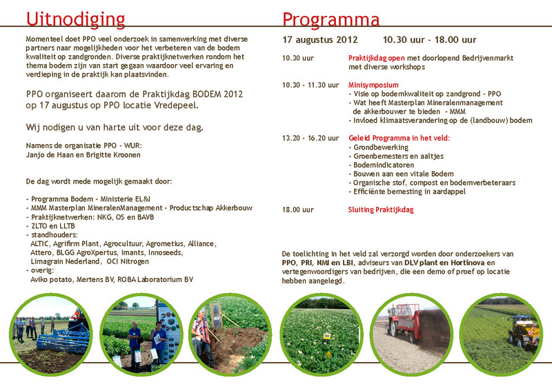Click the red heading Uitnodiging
(x=75, y=20)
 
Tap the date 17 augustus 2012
(x=319, y=40)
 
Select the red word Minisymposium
(x=373, y=85)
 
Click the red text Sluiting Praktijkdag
(x=381, y=210)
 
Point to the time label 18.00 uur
(x=298, y=210)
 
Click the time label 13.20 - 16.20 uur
(x=310, y=138)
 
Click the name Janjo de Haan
(x=48, y=155)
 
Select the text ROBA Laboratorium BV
(x=155, y=279)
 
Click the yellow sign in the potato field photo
(x=326, y=336)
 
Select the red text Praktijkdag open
(x=376, y=58)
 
